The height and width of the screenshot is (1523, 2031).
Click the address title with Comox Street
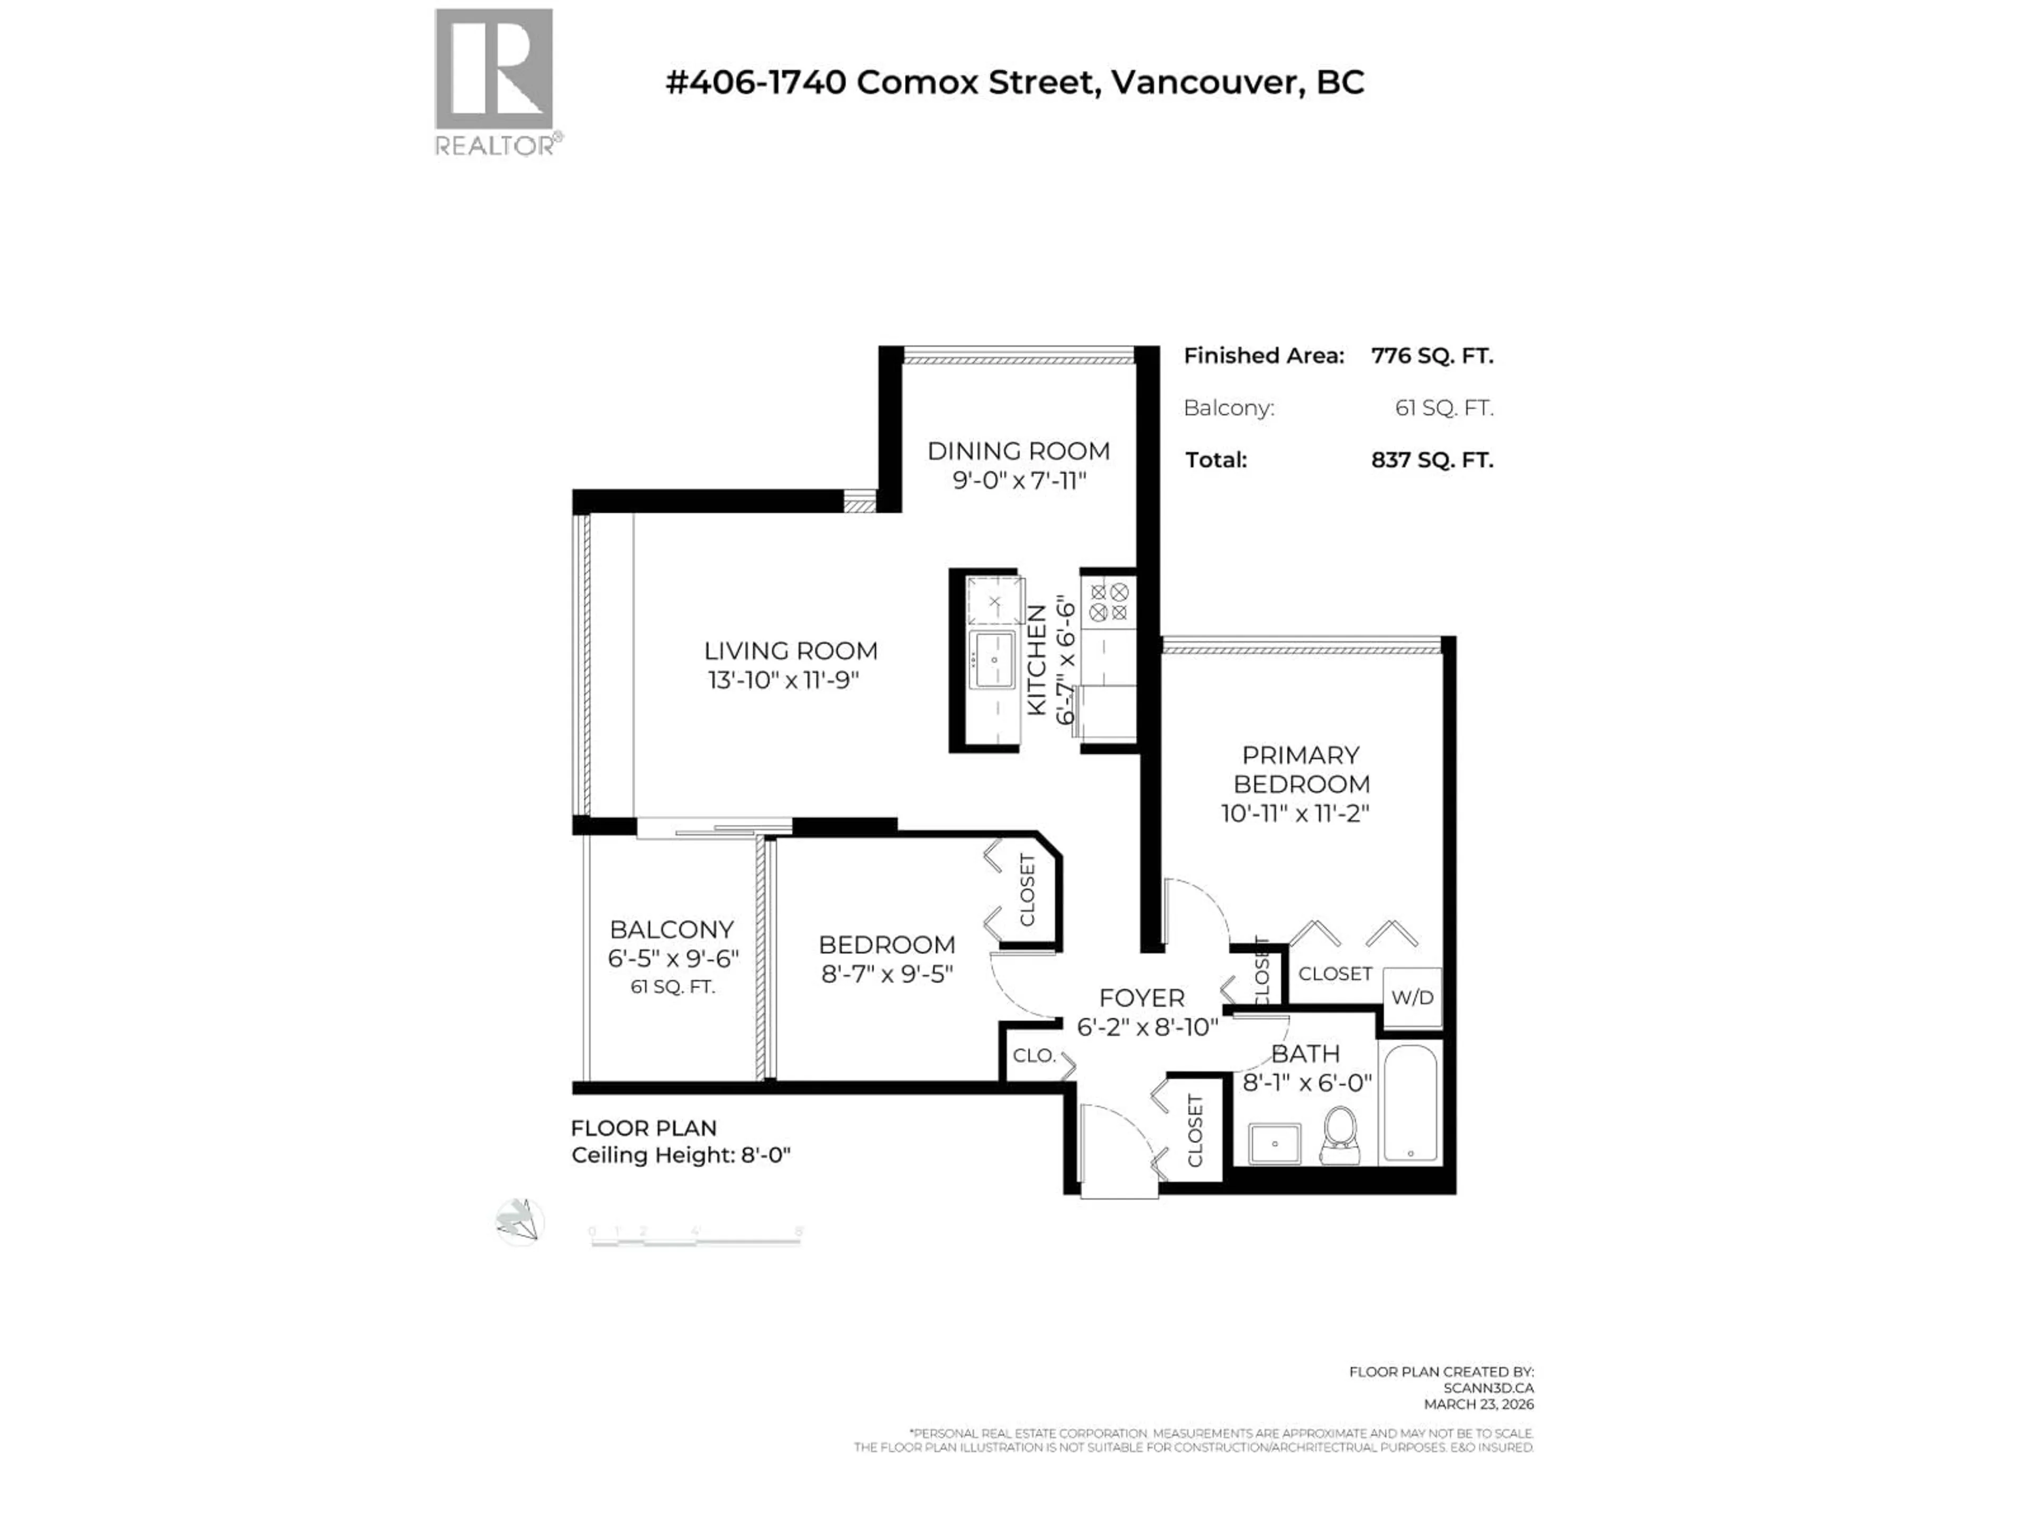pyautogui.click(x=1014, y=82)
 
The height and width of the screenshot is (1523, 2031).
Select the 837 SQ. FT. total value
pyautogui.click(x=1431, y=460)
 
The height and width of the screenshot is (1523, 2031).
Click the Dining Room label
pyautogui.click(x=1018, y=451)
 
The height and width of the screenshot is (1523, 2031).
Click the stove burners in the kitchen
pyautogui.click(x=1108, y=602)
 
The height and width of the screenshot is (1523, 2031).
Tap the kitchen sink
pyautogui.click(x=993, y=659)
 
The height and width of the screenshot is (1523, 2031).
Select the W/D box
pyautogui.click(x=1412, y=997)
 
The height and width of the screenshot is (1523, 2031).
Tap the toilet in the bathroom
pyautogui.click(x=1341, y=1135)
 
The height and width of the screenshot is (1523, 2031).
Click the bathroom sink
pyautogui.click(x=1275, y=1144)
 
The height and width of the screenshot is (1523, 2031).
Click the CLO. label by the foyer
pyautogui.click(x=1034, y=1056)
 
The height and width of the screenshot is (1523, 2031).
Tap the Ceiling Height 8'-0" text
pyautogui.click(x=680, y=1155)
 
